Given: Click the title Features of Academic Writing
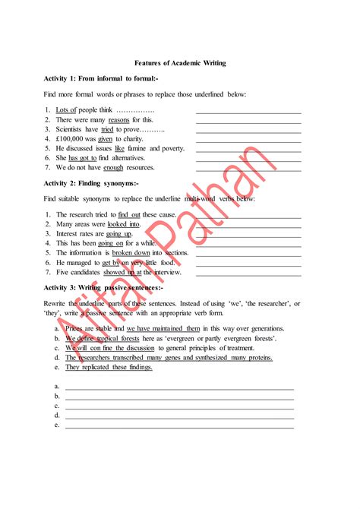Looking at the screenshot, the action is (180, 63).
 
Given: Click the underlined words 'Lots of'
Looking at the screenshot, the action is (67, 110).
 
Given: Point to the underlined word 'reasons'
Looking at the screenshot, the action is (119, 120).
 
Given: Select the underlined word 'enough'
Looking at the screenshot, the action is (113, 167).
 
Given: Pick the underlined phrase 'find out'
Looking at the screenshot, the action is (130, 215).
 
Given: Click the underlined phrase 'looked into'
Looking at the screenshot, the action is (123, 225).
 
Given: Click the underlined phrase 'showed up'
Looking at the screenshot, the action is (120, 272).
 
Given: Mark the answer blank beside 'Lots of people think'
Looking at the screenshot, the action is (248, 112).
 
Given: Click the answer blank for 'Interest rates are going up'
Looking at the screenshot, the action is (248, 236).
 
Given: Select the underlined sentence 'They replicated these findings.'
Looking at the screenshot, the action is (109, 367).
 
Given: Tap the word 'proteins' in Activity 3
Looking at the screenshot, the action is (257, 357).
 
